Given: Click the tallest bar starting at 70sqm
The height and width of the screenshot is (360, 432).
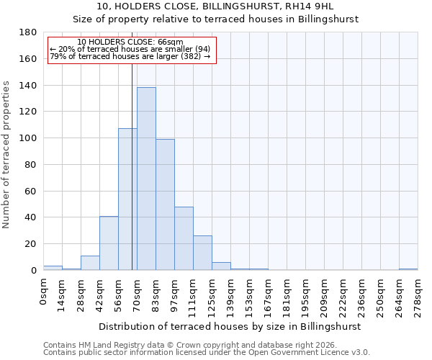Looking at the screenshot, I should coord(146,179).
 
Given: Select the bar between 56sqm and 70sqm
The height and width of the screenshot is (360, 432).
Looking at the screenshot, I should coord(127,199).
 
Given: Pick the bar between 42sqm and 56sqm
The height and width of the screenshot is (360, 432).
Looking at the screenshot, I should coord(109,243).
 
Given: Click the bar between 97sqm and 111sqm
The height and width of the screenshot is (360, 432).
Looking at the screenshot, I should coord(184,238).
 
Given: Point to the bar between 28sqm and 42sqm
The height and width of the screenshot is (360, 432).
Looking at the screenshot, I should coord(90,263).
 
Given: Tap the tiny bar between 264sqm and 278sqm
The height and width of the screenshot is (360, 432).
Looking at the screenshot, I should coord(408,269).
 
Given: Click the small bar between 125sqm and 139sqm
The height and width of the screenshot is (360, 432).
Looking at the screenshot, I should coord(221,266).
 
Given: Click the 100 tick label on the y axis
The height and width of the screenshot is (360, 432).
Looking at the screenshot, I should coord(28,138).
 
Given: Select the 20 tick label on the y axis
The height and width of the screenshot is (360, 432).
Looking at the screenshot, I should coord(30,244).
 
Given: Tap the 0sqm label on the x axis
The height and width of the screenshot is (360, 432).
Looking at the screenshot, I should coord(43,292).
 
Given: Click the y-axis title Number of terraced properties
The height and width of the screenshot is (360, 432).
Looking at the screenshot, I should coord(6,155).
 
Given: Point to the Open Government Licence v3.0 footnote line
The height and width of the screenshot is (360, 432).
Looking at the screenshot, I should coord(207,352).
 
